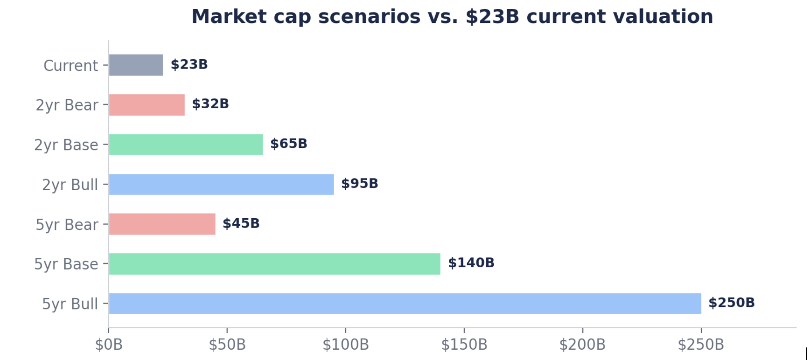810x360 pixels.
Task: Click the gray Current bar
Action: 136,65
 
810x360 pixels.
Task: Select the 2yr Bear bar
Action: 147,105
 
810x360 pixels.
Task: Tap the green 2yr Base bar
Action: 186,145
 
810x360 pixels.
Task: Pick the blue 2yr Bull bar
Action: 221,184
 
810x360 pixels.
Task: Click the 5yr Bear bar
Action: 162,224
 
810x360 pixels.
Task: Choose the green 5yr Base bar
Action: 274,264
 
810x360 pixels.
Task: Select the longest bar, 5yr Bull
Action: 405,304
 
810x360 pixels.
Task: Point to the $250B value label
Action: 732,303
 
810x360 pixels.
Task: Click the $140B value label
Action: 471,263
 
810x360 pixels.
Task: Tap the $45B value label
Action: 241,223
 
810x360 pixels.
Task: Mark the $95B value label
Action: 360,184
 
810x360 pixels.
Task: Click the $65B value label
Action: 289,144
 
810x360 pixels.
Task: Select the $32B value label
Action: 210,104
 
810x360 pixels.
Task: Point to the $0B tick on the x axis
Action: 109,345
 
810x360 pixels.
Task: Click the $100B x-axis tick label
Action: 346,345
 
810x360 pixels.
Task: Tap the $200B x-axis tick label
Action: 582,345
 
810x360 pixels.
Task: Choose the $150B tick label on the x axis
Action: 464,345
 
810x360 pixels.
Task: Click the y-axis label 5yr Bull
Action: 70,304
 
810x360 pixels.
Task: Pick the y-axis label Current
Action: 71,66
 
